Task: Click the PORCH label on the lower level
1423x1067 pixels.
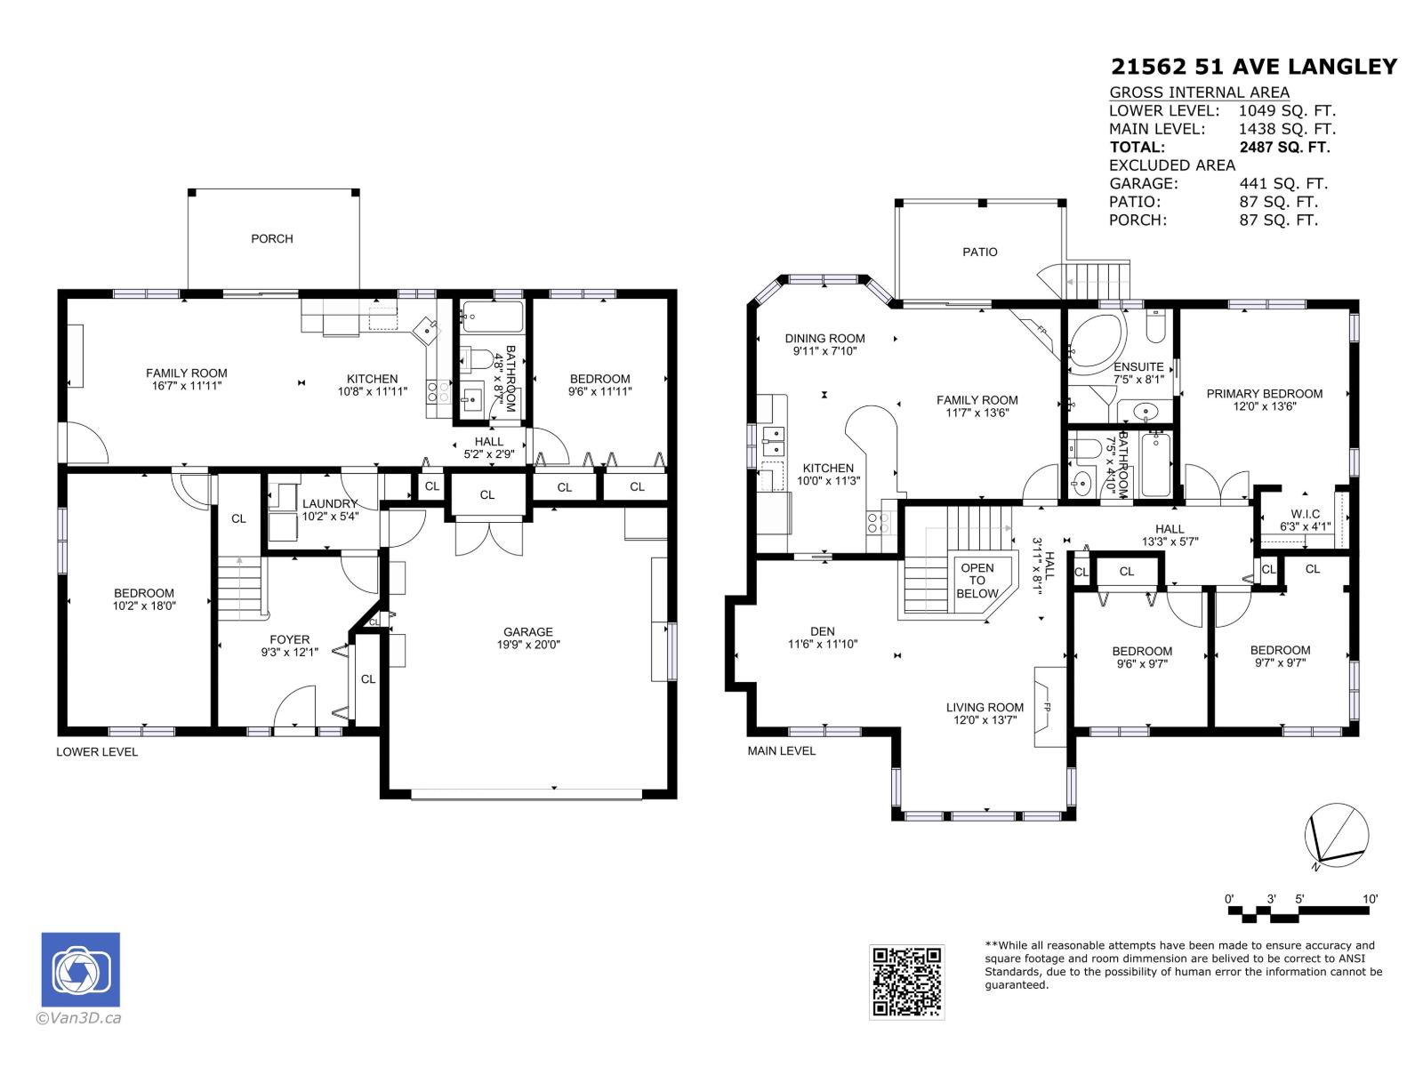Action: click(x=271, y=239)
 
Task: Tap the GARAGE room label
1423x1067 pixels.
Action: click(x=527, y=631)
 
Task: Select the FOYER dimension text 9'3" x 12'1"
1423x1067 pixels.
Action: click(x=289, y=652)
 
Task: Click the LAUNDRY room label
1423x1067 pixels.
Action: click(x=329, y=503)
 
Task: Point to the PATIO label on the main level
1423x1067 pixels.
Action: click(x=979, y=252)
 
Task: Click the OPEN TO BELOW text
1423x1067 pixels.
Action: click(x=977, y=581)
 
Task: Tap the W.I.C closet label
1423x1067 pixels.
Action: click(x=1305, y=514)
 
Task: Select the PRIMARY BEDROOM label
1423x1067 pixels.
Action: click(x=1264, y=394)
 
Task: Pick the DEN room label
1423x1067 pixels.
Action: click(x=822, y=631)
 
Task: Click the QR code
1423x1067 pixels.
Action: click(x=906, y=982)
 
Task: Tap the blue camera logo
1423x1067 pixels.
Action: click(x=80, y=969)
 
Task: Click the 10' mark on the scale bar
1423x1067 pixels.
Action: click(x=1370, y=899)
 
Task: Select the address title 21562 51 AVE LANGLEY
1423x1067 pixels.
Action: click(x=1254, y=67)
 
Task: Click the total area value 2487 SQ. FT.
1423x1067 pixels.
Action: click(x=1284, y=147)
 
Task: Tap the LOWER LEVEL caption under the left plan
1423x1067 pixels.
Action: click(x=97, y=752)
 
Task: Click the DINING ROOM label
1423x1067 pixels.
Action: click(x=824, y=338)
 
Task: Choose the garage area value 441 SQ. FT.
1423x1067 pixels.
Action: click(x=1283, y=184)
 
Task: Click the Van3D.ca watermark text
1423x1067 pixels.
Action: click(x=78, y=1018)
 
